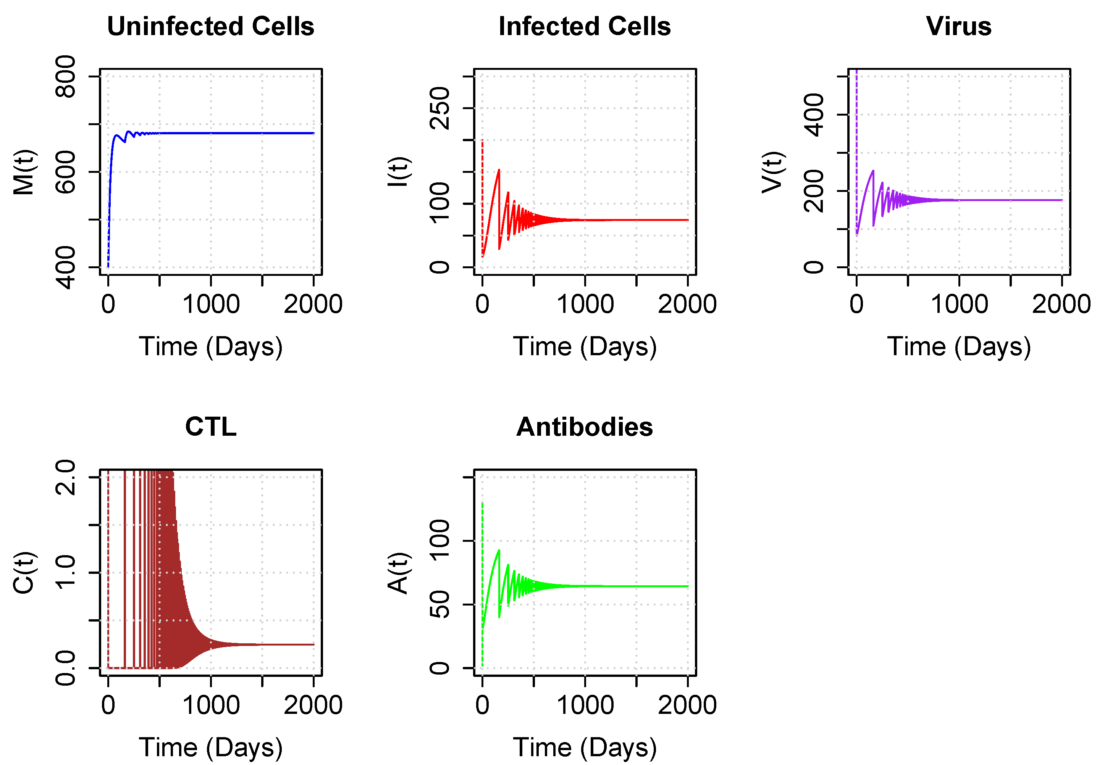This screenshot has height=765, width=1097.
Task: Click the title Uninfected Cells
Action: [x=210, y=26]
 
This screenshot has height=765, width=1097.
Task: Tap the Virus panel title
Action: [x=958, y=26]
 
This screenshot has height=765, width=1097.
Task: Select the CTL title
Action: [x=210, y=427]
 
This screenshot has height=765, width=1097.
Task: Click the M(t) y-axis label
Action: [x=24, y=172]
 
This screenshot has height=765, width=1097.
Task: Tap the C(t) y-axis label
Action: [x=24, y=573]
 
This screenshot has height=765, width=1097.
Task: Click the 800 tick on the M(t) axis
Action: [x=65, y=76]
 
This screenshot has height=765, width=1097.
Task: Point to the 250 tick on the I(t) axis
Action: [x=439, y=108]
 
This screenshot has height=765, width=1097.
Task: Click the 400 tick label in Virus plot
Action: [x=814, y=114]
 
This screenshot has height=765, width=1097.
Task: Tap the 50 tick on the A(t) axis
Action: [x=439, y=604]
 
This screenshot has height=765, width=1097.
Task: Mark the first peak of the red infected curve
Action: [x=499, y=169]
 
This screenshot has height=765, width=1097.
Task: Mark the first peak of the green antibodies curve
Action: [x=499, y=550]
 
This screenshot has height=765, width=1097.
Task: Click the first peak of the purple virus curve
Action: [x=873, y=171]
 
